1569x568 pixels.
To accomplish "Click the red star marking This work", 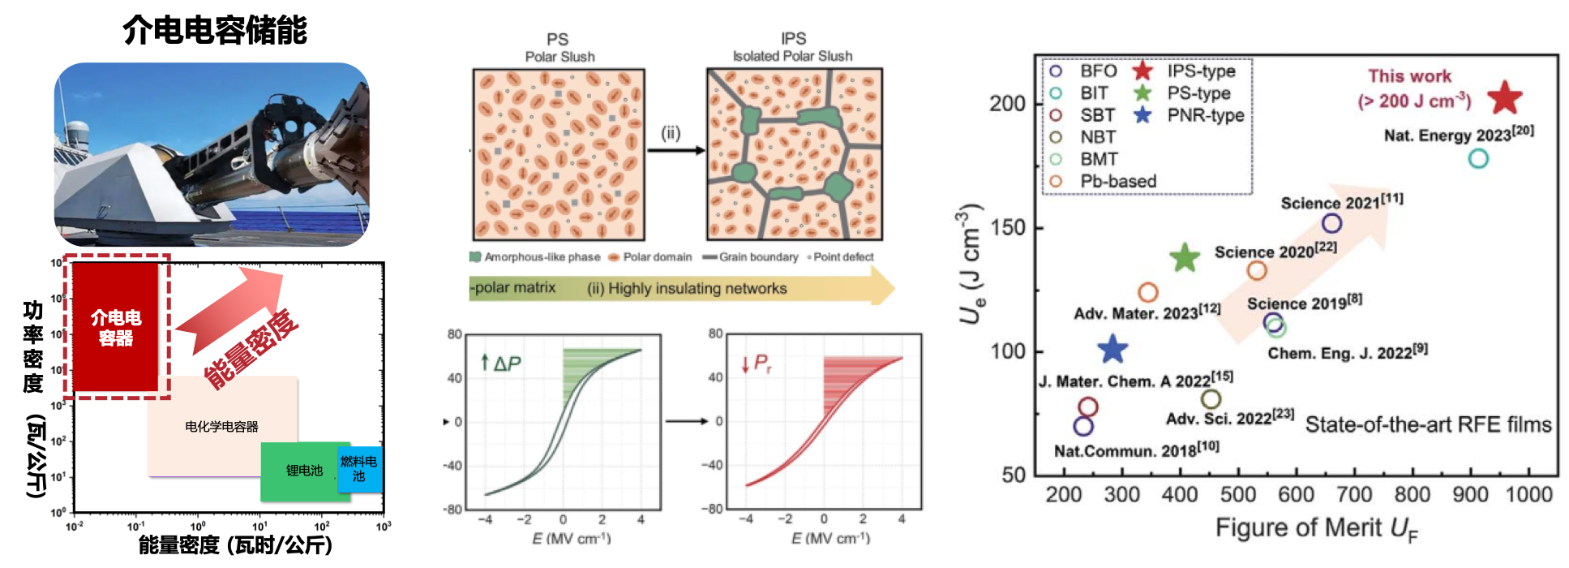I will pos(1505,97).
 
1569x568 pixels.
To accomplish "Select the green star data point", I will pos(1185,258).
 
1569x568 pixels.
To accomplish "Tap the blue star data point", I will pos(1112,349).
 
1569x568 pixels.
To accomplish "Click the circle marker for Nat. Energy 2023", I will pos(1478,158).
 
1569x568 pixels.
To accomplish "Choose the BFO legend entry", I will pos(1087,71).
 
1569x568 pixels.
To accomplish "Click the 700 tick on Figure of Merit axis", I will pos(1354,495).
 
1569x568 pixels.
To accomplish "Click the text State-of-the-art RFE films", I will pos(1428,424).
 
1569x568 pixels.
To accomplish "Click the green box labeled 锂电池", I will pos(304,471).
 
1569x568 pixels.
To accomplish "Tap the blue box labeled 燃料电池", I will pos(358,469).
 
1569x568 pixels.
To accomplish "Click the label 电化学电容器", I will pos(221,427).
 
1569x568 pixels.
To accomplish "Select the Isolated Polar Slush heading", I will pos(792,56).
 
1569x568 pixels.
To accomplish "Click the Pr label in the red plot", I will pos(761,364).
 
